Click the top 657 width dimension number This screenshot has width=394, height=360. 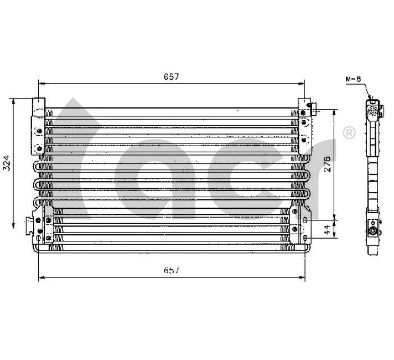(170, 77)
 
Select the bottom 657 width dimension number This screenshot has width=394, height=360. (170, 270)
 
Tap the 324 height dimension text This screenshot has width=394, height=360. (6, 163)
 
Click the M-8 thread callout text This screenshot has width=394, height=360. (353, 79)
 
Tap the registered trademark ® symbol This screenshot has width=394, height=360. (349, 133)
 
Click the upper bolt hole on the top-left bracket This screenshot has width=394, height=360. (39, 131)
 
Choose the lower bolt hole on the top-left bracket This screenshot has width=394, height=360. (39, 148)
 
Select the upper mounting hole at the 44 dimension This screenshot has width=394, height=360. (305, 220)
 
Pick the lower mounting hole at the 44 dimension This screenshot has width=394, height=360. (305, 239)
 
